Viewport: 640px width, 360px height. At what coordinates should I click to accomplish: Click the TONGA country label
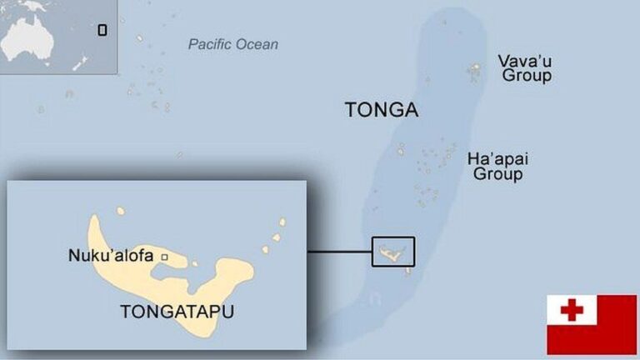[382, 110]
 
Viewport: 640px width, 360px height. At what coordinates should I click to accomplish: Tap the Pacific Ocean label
[233, 44]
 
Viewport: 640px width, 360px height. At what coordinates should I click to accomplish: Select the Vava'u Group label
[525, 68]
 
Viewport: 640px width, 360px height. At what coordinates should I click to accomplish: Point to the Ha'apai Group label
[498, 167]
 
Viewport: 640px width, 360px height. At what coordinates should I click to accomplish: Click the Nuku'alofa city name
[111, 256]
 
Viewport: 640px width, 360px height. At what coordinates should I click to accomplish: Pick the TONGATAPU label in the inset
[177, 312]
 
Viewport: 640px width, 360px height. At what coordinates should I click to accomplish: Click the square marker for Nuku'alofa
[164, 257]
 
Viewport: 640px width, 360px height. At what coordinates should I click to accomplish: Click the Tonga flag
[591, 324]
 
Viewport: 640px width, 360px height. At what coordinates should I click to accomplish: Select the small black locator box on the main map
[392, 251]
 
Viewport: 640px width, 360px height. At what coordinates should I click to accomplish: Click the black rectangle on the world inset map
[102, 30]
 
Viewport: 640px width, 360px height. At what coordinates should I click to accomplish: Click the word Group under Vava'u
[527, 76]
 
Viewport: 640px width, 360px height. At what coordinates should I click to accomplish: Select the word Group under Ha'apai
[498, 174]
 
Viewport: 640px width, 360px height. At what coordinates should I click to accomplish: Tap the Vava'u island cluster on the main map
[474, 70]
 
